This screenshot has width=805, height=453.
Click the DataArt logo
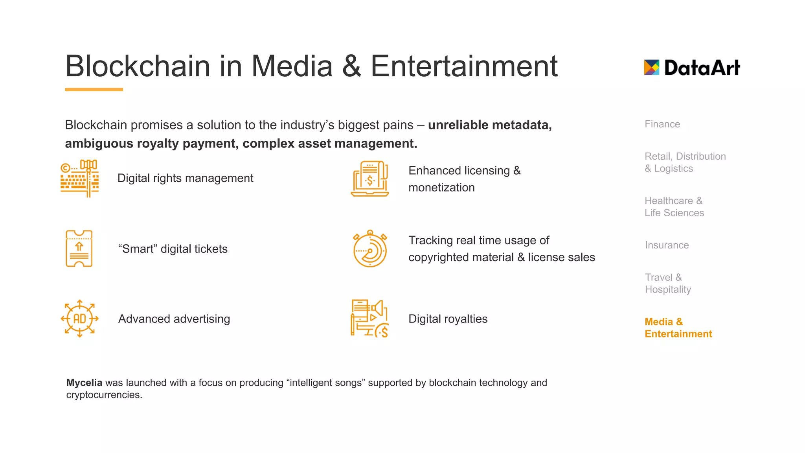(x=692, y=68)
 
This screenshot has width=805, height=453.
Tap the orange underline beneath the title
(x=94, y=90)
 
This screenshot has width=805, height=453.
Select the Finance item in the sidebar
(x=662, y=124)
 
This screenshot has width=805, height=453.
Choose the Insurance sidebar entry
(x=667, y=245)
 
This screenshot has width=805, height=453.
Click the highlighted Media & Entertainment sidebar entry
(x=678, y=328)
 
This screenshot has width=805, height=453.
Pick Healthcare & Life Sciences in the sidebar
(x=674, y=207)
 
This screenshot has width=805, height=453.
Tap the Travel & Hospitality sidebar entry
(x=668, y=284)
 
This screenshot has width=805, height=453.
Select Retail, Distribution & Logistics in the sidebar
(x=685, y=162)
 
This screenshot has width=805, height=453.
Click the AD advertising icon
(x=79, y=319)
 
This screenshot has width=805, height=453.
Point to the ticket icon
(x=79, y=249)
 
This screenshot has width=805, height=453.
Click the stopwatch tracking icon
(x=370, y=249)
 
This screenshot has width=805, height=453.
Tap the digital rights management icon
(x=79, y=179)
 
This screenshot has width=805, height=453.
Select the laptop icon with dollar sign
(x=369, y=179)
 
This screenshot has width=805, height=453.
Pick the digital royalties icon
(x=369, y=319)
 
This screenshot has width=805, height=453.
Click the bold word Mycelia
(x=84, y=383)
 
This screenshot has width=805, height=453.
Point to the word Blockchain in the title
(x=138, y=66)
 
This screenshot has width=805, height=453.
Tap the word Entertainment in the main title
(x=464, y=66)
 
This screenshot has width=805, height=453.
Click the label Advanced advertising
(x=174, y=319)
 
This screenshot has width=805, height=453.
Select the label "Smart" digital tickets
(x=173, y=249)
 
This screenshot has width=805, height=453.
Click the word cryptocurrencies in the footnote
(x=104, y=395)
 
